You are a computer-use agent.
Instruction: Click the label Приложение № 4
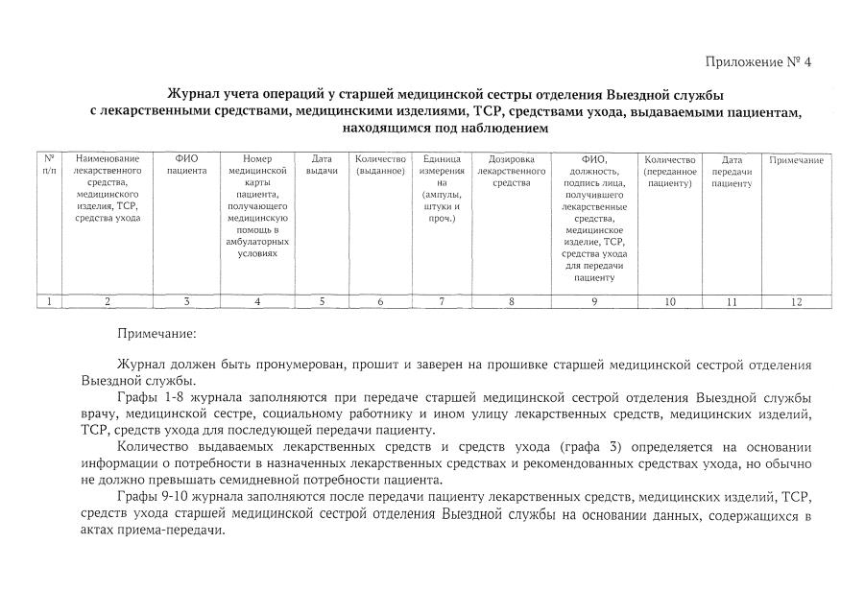(758, 63)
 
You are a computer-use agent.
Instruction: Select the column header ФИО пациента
(186, 164)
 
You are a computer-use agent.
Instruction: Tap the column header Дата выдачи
(322, 164)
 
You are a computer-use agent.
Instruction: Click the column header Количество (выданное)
(380, 164)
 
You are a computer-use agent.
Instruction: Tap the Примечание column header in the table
(796, 159)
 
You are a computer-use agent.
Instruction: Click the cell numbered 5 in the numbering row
(322, 301)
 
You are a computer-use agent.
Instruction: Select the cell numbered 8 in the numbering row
(511, 301)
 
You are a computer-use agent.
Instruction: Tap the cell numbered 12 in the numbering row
(796, 301)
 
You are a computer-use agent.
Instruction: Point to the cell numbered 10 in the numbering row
(669, 301)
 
